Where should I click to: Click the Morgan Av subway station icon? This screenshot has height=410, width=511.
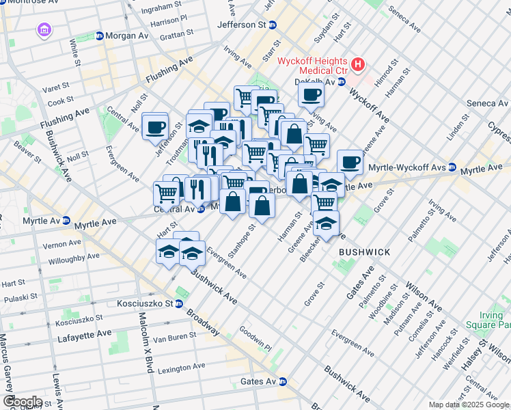pyautogui.click(x=99, y=36)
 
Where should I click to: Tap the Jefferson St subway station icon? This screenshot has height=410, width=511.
pyautogui.click(x=272, y=25)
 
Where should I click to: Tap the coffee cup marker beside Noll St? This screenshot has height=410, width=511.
pyautogui.click(x=155, y=126)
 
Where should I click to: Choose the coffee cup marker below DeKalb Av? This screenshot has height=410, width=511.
pyautogui.click(x=311, y=94)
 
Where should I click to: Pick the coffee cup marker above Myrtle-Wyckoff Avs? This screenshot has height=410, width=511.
pyautogui.click(x=350, y=162)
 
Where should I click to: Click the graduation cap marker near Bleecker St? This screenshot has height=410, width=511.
pyautogui.click(x=327, y=225)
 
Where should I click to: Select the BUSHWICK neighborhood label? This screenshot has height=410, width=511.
pyautogui.click(x=364, y=252)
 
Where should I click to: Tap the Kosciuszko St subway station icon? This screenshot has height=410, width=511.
pyautogui.click(x=178, y=303)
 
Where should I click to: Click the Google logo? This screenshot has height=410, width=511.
pyautogui.click(x=23, y=402)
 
